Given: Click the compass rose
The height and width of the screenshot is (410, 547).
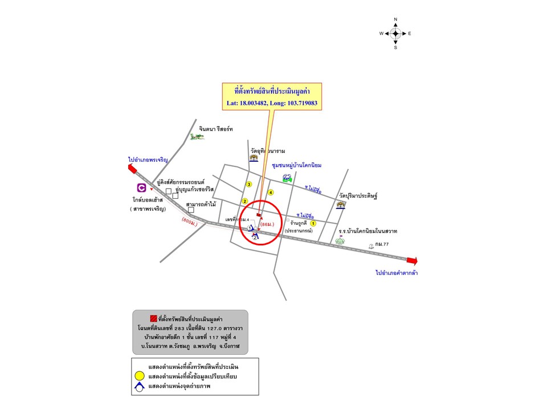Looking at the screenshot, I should pos(395,34).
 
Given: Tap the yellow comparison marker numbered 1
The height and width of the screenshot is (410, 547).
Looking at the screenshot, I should pos(313,224).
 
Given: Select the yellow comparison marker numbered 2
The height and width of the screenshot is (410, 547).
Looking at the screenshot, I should pos(245,201).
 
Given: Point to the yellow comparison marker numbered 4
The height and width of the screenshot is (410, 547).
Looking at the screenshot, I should pos(271,192).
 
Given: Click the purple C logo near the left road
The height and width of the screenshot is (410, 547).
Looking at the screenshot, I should pos(141,187).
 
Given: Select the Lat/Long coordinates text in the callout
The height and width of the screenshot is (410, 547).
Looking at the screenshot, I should pos(272,104).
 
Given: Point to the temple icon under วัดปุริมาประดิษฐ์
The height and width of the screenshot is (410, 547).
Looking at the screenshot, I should pos(341,205).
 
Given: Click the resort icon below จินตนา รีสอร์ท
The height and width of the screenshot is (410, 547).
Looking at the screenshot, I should pos(198,136).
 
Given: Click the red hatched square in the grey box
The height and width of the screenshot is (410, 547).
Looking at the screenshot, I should pos(153,318).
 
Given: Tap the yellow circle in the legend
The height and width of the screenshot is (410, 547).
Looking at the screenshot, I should pos(139,376).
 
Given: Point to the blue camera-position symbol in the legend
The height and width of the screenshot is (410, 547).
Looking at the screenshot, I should pos(139,387).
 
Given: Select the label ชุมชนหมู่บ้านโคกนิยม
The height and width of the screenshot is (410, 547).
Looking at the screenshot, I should pos(297,165).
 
